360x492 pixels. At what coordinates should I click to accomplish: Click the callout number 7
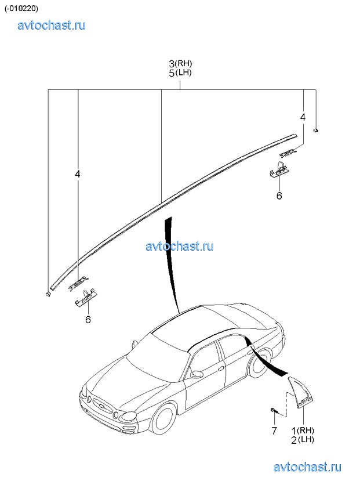point(274,430)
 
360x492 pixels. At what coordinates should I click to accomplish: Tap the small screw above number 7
point(273,410)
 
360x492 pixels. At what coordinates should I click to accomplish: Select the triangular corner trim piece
point(300,392)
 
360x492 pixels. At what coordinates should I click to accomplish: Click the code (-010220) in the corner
point(21,9)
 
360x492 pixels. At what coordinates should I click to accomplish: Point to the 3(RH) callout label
point(180,63)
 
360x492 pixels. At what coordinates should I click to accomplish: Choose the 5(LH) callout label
point(180,73)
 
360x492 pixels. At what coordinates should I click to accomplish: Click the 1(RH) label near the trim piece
point(303,430)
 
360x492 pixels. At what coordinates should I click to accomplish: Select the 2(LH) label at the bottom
point(302,440)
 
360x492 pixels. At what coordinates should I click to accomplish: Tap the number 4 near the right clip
point(303,117)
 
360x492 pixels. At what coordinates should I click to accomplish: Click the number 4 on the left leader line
point(78,173)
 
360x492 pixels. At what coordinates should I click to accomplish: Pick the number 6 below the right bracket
point(279,196)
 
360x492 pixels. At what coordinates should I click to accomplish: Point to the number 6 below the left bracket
point(88,320)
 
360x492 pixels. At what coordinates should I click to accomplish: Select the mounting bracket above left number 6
point(85,298)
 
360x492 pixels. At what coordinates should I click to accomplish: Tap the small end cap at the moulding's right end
point(316,131)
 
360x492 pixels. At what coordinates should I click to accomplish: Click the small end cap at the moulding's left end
point(48,294)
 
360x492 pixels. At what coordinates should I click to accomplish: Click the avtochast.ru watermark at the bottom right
point(307,468)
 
